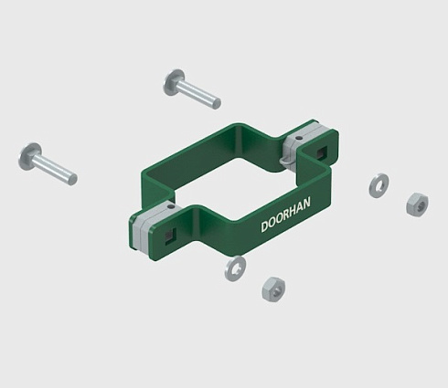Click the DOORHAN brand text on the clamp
pyautogui.click(x=285, y=215)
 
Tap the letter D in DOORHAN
pyautogui.click(x=264, y=226)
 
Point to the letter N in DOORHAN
pyautogui.click(x=306, y=203)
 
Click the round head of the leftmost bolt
pyautogui.click(x=29, y=156)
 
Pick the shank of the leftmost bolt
pyautogui.click(x=55, y=170)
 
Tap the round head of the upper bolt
pyautogui.click(x=174, y=82)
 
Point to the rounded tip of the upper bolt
pyautogui.click(x=217, y=103)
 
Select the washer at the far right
pyautogui.click(x=379, y=185)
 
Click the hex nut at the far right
pyautogui.click(x=417, y=204)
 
